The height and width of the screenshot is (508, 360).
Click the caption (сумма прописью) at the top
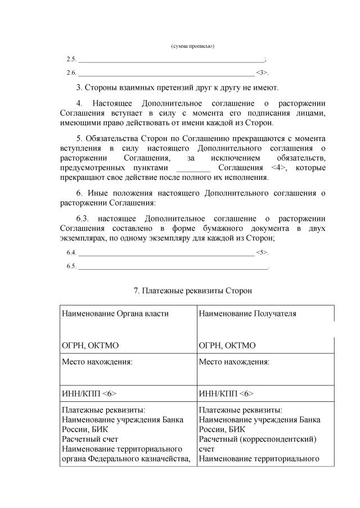point(192,46)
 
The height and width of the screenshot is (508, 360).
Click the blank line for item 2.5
point(170,60)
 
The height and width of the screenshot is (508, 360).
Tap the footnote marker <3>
point(262,72)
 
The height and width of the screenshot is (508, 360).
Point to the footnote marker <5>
point(262,253)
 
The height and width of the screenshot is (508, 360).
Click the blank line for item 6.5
point(173,266)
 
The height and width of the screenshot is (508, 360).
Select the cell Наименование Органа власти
point(115,314)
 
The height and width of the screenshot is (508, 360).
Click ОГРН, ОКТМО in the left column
point(90,345)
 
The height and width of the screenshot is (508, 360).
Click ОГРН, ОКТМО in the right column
point(227,345)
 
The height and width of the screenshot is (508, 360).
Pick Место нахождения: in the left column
point(97,361)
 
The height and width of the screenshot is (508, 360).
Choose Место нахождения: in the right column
point(234,361)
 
